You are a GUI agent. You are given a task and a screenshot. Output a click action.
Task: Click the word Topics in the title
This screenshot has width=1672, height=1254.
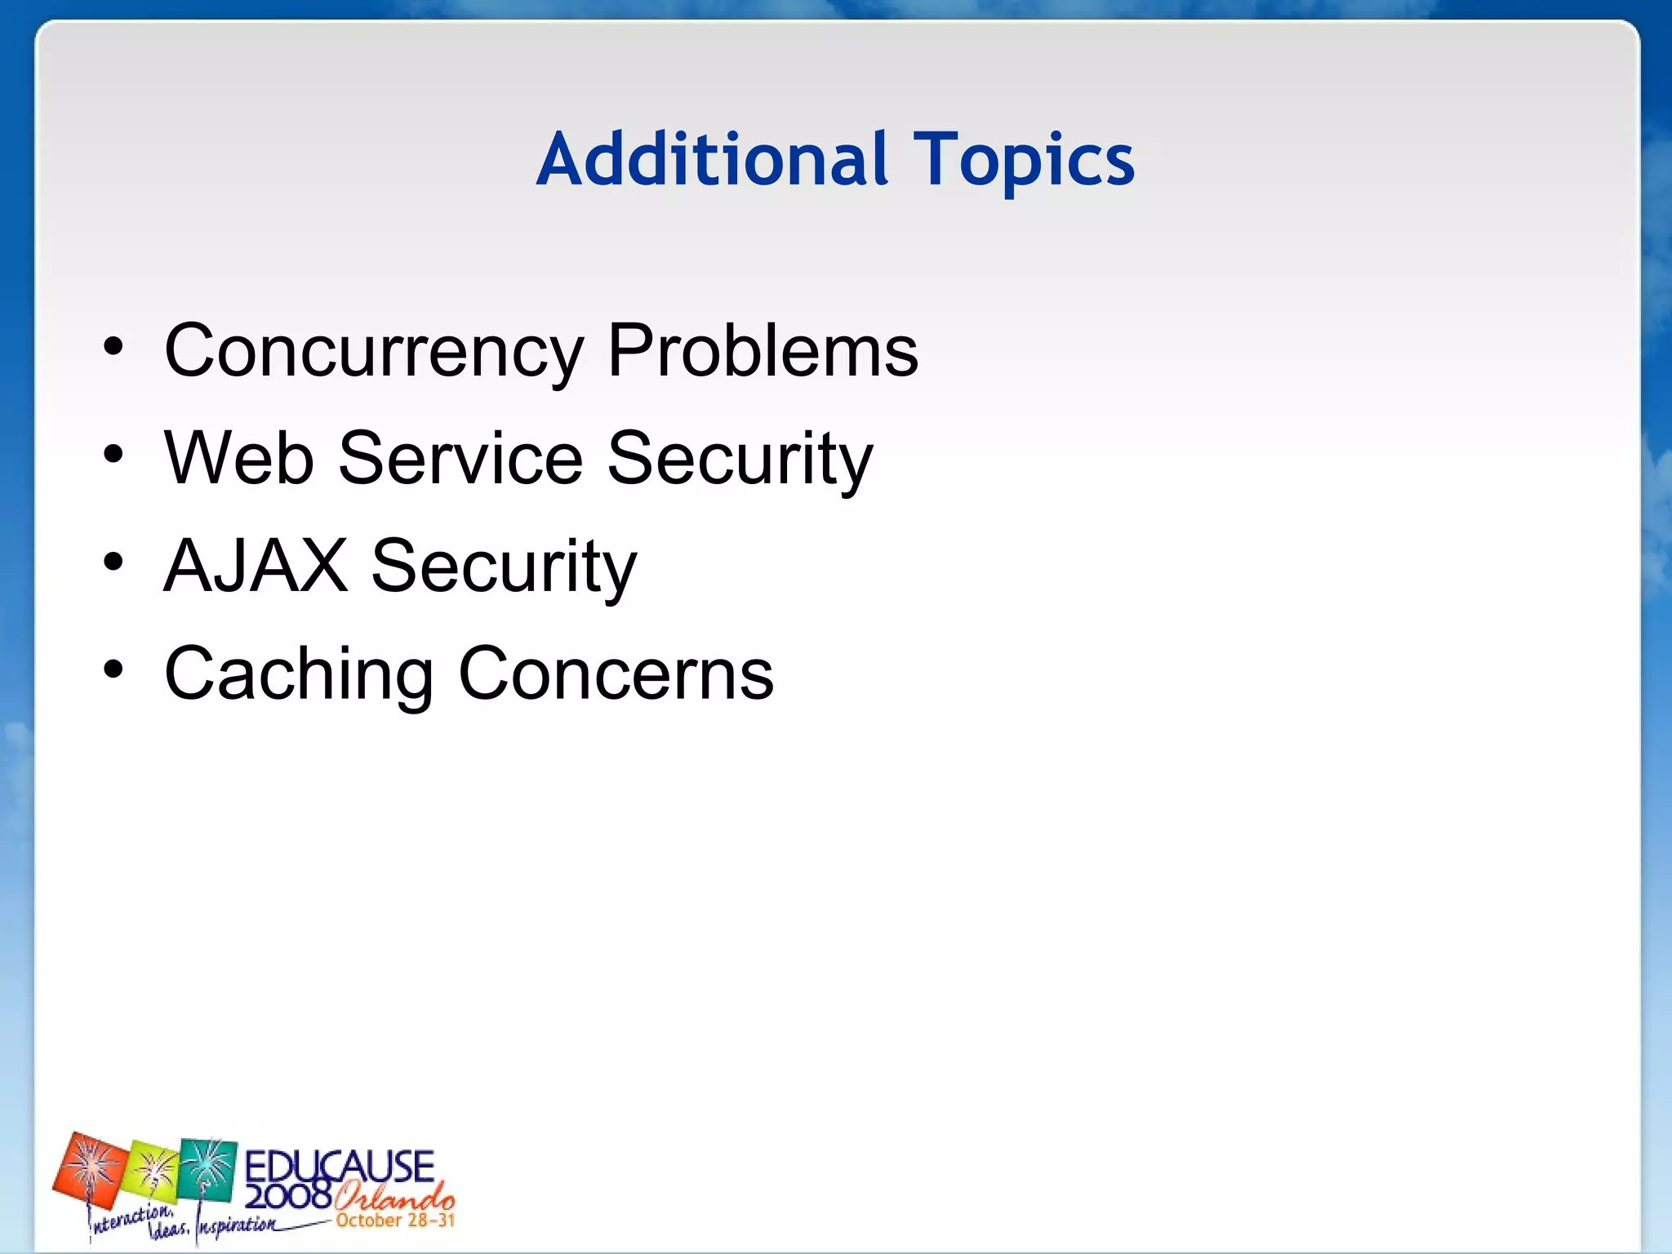1024,160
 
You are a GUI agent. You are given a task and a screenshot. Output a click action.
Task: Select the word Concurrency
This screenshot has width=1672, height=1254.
373,351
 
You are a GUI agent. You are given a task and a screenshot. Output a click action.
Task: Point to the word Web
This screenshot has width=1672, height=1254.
238,458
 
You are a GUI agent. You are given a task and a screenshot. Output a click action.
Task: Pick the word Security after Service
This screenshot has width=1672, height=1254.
740,460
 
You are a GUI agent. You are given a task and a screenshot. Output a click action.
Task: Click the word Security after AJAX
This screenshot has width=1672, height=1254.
503,567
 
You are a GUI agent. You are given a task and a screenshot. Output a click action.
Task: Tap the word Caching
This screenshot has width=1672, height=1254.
298,674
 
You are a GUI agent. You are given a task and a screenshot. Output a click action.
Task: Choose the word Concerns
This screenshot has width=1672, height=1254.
616,674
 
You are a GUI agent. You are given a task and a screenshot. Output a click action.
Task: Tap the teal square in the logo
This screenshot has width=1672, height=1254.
208,1167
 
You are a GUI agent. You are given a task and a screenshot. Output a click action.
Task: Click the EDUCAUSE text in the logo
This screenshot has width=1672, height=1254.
339,1165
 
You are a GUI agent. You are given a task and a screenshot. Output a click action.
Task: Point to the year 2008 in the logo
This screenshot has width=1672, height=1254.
287,1197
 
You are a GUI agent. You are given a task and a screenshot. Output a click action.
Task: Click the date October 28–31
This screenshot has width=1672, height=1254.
394,1221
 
